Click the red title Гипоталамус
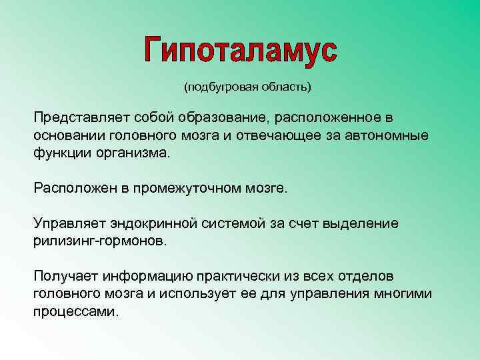click(x=241, y=49)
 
